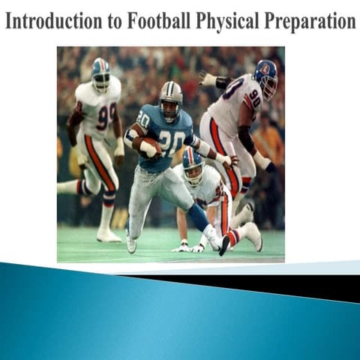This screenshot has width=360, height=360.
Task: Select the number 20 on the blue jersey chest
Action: tap(173, 141)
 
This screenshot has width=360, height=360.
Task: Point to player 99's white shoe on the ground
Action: tap(109, 235)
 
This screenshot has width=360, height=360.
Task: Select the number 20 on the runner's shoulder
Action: tap(143, 118)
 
